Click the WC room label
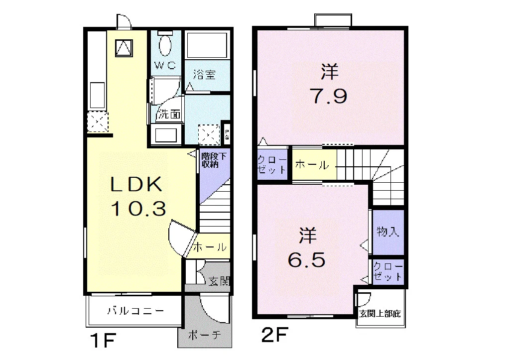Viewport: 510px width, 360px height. [165, 65]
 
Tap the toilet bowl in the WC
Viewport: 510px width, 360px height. [165, 44]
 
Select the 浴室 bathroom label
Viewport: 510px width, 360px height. [204, 75]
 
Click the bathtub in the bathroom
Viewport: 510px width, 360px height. [207, 45]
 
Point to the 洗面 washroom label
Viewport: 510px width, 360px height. [169, 114]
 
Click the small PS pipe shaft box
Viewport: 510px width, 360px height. [227, 134]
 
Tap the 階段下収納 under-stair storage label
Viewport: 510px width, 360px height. [213, 160]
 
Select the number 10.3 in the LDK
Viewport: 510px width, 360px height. [139, 209]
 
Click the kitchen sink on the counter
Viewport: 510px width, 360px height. [97, 95]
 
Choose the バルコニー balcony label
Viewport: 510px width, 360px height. [136, 311]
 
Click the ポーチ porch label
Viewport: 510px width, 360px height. [205, 335]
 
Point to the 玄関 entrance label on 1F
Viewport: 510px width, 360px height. [219, 281]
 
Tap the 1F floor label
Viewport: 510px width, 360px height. [103, 341]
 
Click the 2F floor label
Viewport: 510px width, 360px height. [275, 335]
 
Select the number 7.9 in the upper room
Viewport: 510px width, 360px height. [330, 96]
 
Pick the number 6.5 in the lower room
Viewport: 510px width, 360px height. [307, 260]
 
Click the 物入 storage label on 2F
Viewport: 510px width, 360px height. [387, 232]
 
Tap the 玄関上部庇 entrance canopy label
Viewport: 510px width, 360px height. [380, 314]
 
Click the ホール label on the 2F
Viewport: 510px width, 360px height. [312, 165]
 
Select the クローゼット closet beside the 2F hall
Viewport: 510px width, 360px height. [272, 164]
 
